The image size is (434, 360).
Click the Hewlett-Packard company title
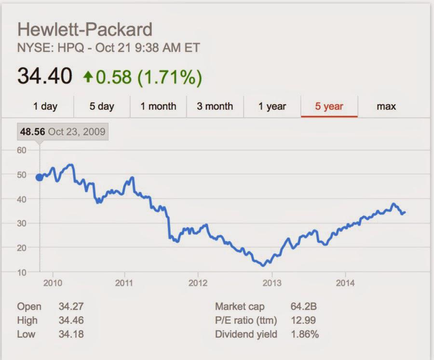coord(85,30)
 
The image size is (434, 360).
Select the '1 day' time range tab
coord(45,106)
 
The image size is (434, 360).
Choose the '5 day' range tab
coord(102,106)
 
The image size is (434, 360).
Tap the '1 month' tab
coord(158,106)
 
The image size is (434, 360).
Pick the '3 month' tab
coord(215,106)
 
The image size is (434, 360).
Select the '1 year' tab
coord(272,106)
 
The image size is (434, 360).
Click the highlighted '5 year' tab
coord(329,106)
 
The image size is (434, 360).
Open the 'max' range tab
coord(386,106)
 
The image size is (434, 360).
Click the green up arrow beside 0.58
coord(87,77)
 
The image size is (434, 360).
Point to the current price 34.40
coord(45,76)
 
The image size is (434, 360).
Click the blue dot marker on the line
coord(40,177)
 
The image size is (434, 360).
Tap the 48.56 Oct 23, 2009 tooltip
coord(63,132)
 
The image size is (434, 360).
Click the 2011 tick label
coord(124,283)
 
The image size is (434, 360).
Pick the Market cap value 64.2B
coord(304,307)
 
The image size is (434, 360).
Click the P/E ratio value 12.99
coord(303,320)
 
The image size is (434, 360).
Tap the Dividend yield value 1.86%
coord(305,333)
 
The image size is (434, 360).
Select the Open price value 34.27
coord(71,307)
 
